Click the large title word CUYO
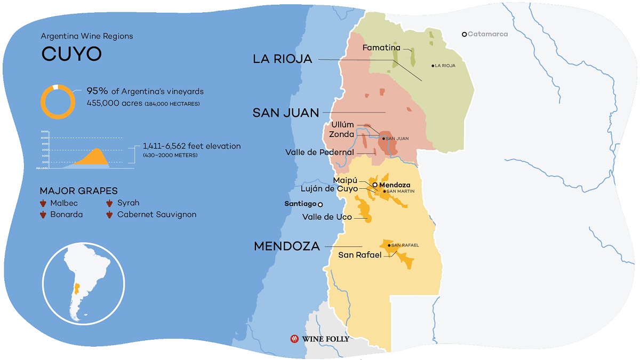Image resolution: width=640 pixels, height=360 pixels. tap(71, 54)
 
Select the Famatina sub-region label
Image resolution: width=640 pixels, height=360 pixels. tap(381, 48)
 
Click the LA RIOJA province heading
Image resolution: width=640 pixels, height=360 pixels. tap(282, 59)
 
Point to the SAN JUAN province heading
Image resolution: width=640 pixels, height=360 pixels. tap(285, 113)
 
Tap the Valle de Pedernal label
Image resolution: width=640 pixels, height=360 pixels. tap(319, 152)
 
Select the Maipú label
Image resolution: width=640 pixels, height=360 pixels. tap(345, 180)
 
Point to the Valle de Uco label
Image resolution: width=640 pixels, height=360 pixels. tap(327, 217)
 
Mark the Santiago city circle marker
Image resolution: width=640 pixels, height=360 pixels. tap(320, 204)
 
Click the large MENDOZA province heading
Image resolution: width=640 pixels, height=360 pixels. tap(286, 246)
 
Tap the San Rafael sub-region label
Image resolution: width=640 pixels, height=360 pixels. tap(360, 255)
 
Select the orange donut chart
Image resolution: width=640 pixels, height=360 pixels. tap(56, 101)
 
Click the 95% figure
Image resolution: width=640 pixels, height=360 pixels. tap(97, 91)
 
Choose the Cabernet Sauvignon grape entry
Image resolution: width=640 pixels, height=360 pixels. tap(151, 214)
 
